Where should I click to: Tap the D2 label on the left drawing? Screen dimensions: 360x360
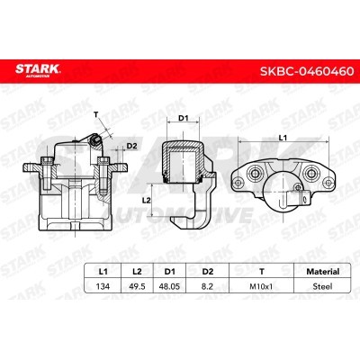click(131, 145)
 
